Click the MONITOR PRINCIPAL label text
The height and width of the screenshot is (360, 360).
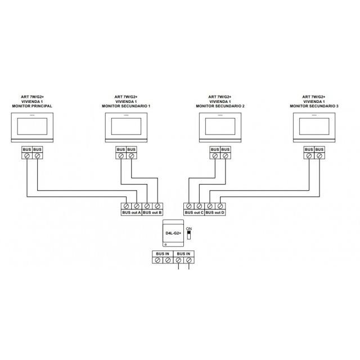32,106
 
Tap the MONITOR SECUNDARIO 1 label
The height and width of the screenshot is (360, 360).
126,106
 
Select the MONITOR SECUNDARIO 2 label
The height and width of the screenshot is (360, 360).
220,106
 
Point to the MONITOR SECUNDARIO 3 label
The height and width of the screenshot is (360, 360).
314,106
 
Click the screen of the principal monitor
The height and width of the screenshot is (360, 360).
32,126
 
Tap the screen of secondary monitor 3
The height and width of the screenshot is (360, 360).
314,126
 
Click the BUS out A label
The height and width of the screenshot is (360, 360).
132,213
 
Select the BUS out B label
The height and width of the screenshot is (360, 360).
152,213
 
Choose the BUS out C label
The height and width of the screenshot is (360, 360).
194,213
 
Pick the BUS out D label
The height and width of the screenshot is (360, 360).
215,213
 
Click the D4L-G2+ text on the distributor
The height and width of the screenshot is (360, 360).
173,233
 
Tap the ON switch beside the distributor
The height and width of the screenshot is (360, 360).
189,235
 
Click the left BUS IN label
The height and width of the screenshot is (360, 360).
163,254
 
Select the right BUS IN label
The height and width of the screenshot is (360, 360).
183,254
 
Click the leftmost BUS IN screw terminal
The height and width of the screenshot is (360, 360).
157,260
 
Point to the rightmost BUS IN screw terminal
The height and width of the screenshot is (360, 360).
189,260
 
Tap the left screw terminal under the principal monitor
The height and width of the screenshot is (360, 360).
27,156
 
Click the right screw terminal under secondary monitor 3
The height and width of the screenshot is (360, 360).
319,156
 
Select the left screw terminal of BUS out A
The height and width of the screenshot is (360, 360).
126,206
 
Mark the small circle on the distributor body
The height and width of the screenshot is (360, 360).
166,245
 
